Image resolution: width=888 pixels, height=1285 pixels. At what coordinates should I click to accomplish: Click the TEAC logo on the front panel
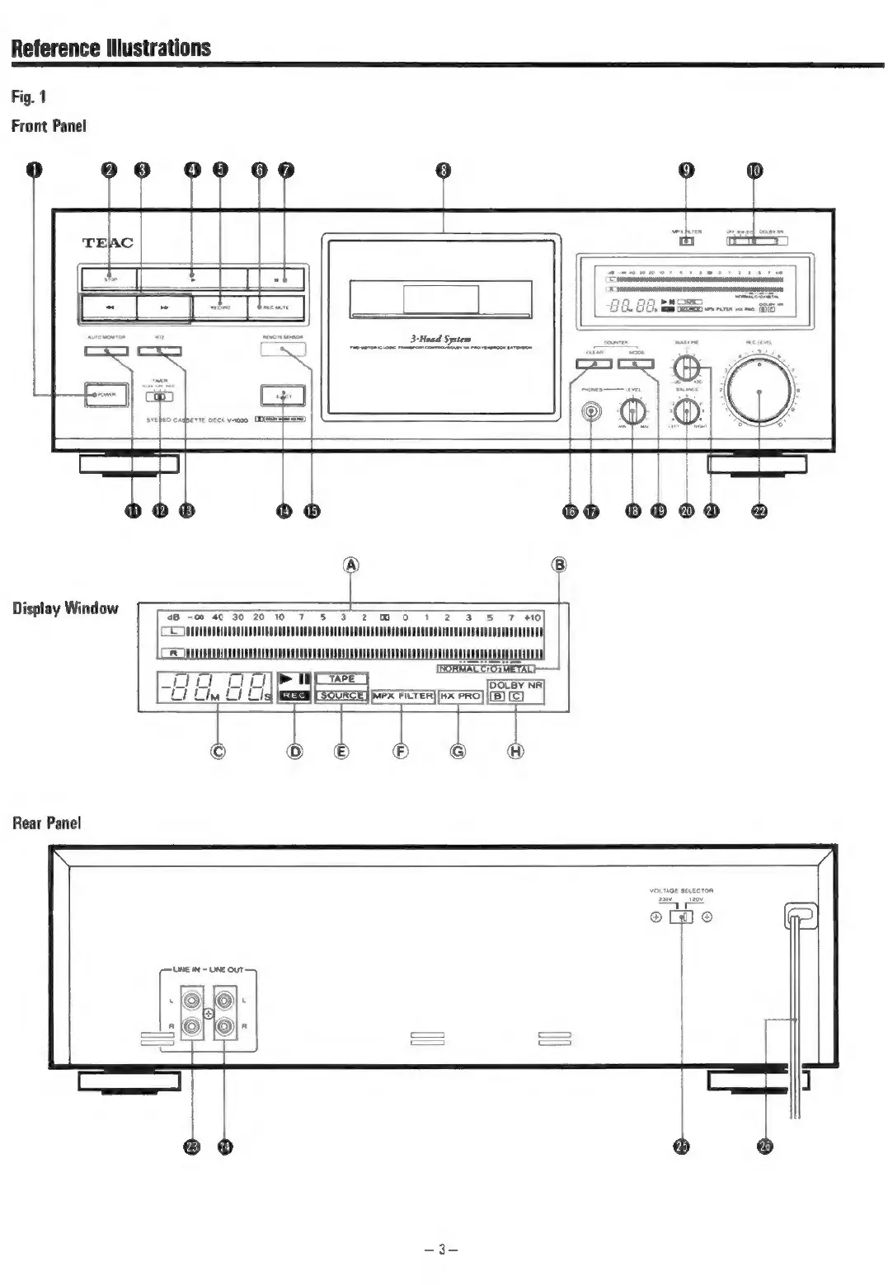tap(107, 242)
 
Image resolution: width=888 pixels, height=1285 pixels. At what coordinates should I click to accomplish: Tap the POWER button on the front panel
tap(106, 396)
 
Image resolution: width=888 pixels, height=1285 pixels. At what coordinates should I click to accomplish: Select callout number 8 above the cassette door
tap(444, 171)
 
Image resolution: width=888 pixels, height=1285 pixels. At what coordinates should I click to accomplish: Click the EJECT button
tap(283, 396)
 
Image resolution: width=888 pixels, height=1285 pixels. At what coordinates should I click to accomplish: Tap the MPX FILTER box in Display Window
tap(403, 696)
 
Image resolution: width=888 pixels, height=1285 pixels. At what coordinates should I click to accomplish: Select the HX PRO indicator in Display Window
tap(460, 696)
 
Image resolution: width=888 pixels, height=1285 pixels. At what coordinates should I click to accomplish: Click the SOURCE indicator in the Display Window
tap(341, 696)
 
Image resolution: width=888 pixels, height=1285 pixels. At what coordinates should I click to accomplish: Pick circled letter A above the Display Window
tap(352, 565)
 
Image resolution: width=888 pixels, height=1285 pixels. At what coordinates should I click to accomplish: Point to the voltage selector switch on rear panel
tap(682, 917)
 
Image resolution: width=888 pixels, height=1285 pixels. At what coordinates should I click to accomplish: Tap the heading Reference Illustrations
tap(111, 48)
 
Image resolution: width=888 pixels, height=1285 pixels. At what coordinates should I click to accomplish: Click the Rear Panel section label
tap(47, 823)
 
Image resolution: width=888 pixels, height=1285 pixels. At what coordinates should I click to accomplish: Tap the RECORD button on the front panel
tap(220, 307)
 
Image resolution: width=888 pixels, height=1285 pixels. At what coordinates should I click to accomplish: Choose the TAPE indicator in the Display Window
tap(341, 679)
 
